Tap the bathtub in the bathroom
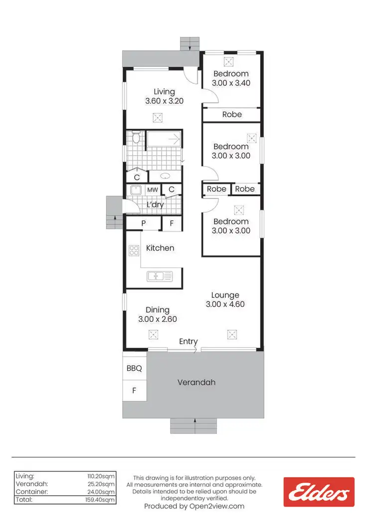point(164,139)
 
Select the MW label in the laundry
point(152,190)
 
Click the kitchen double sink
point(160,275)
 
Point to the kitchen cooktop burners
point(134,251)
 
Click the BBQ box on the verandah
point(134,369)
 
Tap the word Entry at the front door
point(188,341)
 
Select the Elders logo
point(319,492)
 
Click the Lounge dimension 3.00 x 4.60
point(225,304)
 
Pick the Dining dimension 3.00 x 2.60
point(158,319)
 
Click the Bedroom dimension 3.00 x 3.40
point(231,83)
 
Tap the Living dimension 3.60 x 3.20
point(165,101)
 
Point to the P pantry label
point(143,224)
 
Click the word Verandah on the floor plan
point(196,383)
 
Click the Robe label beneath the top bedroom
point(232,114)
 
